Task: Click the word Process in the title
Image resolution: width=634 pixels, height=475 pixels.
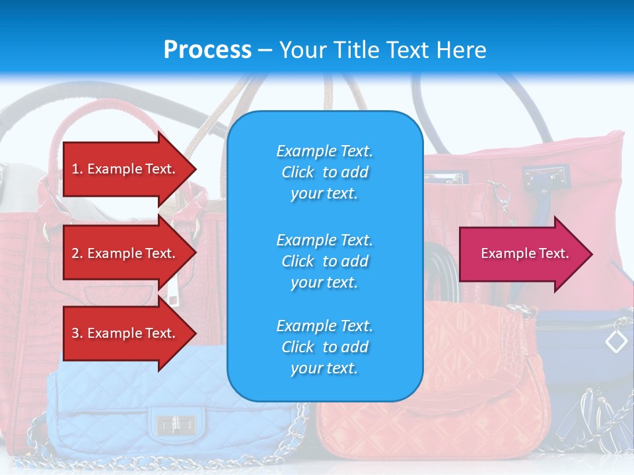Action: pyautogui.click(x=207, y=49)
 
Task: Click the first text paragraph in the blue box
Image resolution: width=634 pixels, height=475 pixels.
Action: pyautogui.click(x=324, y=172)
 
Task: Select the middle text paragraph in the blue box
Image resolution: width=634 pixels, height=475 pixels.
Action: pyautogui.click(x=324, y=261)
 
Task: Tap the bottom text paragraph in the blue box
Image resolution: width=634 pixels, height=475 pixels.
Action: pyautogui.click(x=324, y=347)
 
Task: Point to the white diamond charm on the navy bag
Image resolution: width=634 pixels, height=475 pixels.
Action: pyautogui.click(x=616, y=341)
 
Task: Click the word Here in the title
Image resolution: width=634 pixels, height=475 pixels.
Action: pyautogui.click(x=462, y=49)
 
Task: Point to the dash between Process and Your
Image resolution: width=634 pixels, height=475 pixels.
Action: pyautogui.click(x=265, y=50)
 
